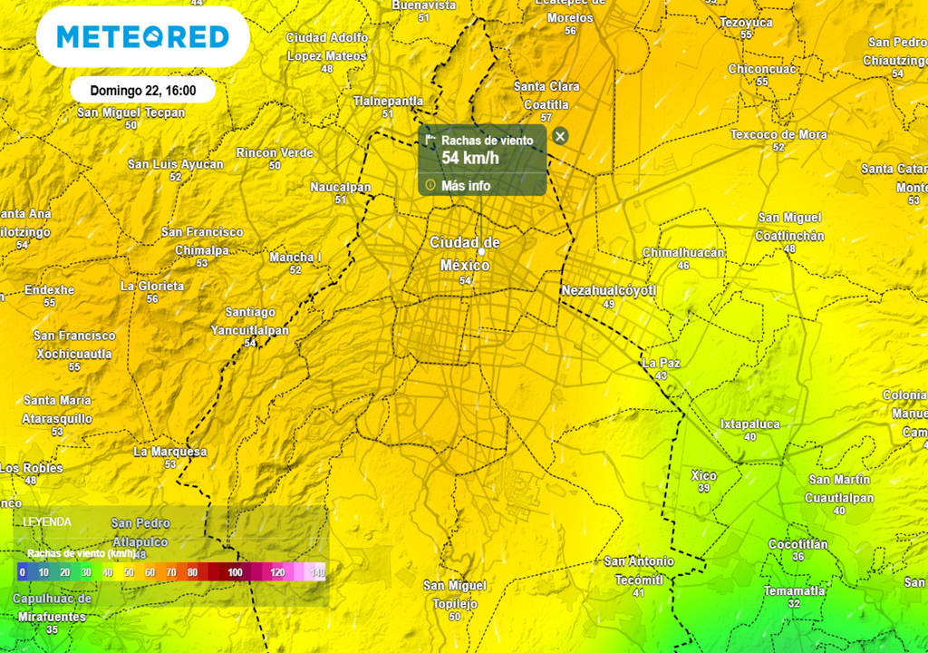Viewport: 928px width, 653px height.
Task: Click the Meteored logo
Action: coord(142,36)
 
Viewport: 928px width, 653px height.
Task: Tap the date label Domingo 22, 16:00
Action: coord(143,91)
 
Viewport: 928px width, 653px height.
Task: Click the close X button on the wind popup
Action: coord(560,136)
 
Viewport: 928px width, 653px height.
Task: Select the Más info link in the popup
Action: coord(466,185)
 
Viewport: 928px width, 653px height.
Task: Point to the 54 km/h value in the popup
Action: coord(469,159)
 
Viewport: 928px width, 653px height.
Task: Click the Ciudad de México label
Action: coord(465,254)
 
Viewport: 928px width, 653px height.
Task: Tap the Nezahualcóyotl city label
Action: coord(608,290)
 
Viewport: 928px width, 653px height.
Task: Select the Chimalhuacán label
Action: coord(683,252)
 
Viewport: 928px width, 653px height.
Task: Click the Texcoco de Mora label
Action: coord(778,134)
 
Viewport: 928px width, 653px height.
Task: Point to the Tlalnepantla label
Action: coord(388,101)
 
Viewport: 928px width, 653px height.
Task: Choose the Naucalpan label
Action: coord(341,187)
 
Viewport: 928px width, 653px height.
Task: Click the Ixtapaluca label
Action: coord(749,424)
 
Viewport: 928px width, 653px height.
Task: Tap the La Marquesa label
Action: coord(170,452)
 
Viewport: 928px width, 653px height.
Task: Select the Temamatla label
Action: coord(794,590)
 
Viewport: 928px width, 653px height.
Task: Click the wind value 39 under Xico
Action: coord(704,488)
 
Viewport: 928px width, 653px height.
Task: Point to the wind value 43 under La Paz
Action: coord(661,375)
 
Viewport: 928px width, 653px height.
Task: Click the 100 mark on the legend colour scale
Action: coord(235,572)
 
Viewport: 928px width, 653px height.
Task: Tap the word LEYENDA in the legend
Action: coord(48,521)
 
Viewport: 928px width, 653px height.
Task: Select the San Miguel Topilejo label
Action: coord(455,594)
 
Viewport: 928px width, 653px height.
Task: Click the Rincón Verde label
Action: coord(275,152)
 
